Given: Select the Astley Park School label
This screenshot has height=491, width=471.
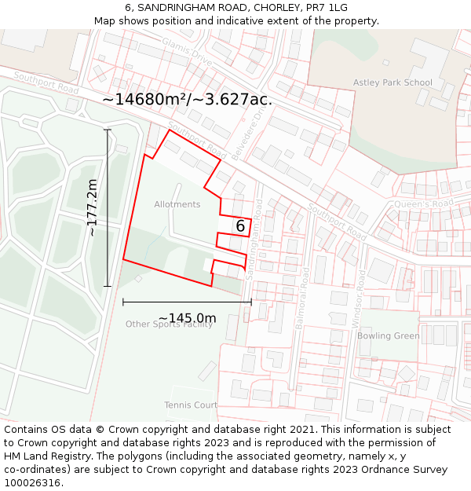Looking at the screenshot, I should tap(392, 82).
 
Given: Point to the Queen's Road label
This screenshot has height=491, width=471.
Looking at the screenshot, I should tap(424, 203).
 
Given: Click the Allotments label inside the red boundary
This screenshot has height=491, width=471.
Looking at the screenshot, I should tap(177, 204).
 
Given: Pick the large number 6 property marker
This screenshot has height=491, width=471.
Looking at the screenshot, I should tap(240, 226).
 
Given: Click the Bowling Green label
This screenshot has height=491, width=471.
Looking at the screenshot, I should tap(388, 336).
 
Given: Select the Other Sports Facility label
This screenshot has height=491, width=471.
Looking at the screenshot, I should tap(169, 324).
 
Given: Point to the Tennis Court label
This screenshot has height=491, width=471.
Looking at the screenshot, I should tap(190, 405).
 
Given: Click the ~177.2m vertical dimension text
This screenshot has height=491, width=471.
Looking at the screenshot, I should tap(92, 207).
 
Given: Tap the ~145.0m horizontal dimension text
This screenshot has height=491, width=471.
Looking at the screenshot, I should tap(187, 318).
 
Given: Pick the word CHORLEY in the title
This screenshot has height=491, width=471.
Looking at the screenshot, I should tap(265, 8).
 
